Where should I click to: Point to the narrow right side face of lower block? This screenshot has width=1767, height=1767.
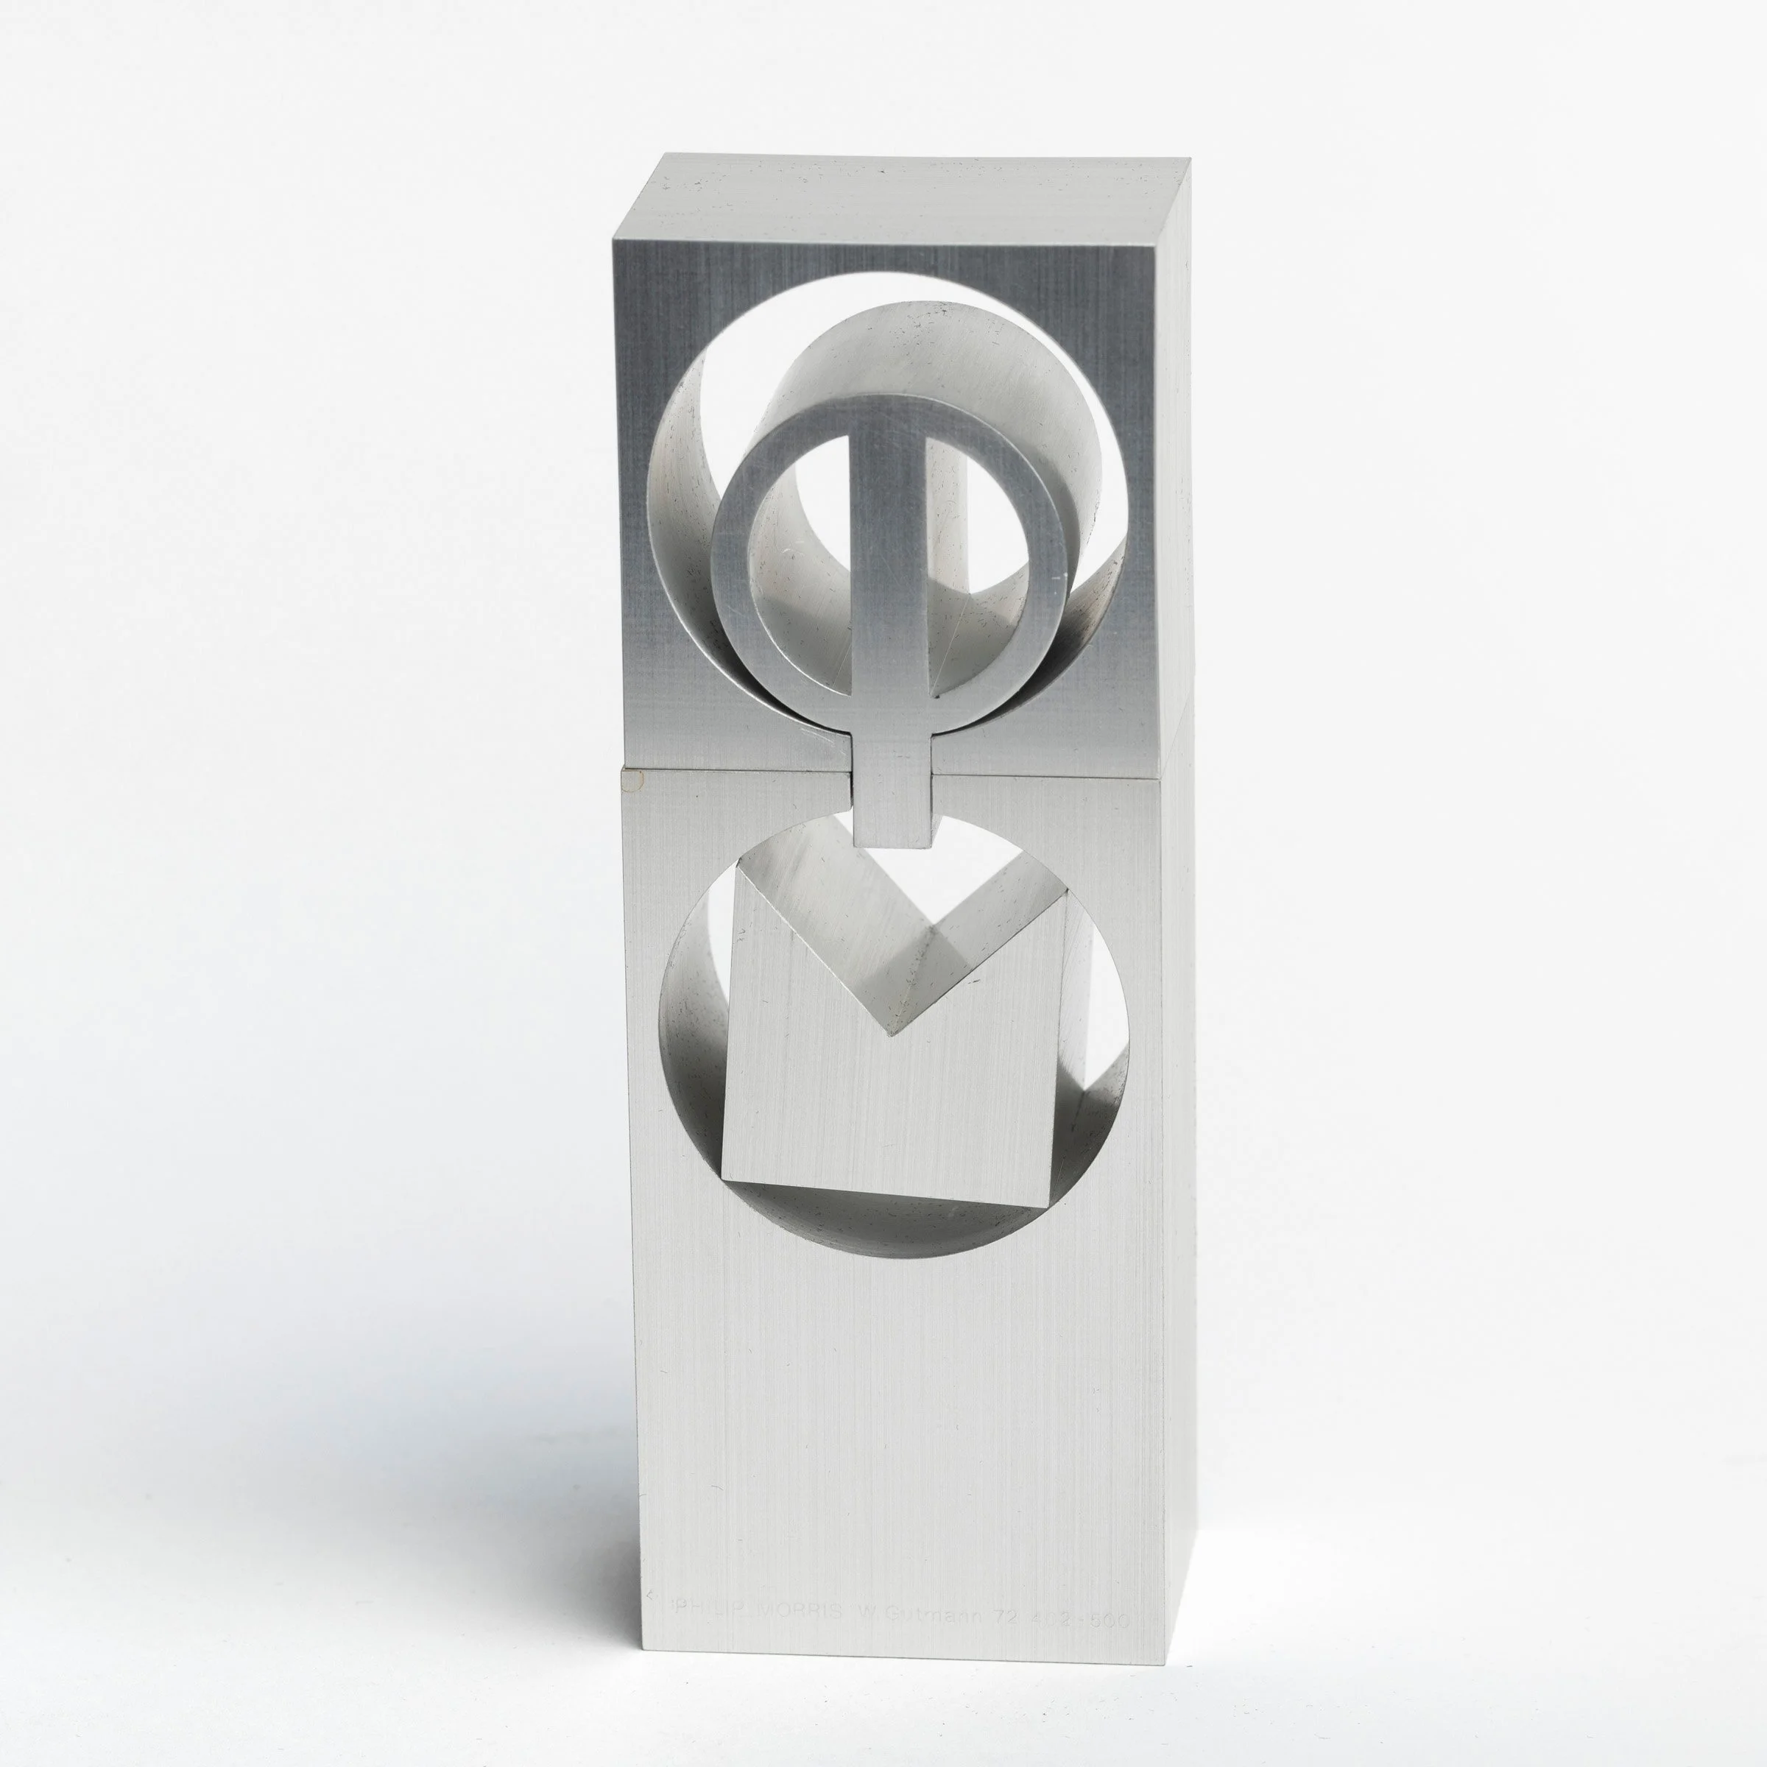pos(1178,1189)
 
